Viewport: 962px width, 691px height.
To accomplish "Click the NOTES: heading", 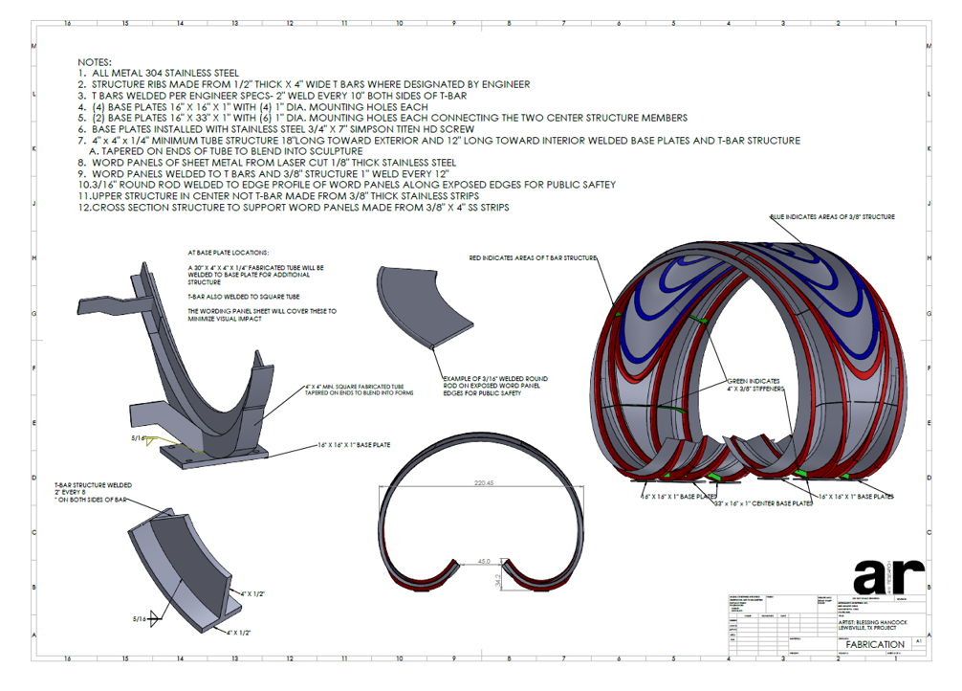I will point(95,61).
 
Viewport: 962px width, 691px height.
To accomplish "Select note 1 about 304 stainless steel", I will point(159,73).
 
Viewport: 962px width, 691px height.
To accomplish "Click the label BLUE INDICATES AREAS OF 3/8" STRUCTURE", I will point(833,217).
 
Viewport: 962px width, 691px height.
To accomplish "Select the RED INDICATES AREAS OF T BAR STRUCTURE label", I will point(533,257).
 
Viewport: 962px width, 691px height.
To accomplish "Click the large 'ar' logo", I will point(888,573).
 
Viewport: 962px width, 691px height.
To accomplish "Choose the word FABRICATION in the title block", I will point(868,644).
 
